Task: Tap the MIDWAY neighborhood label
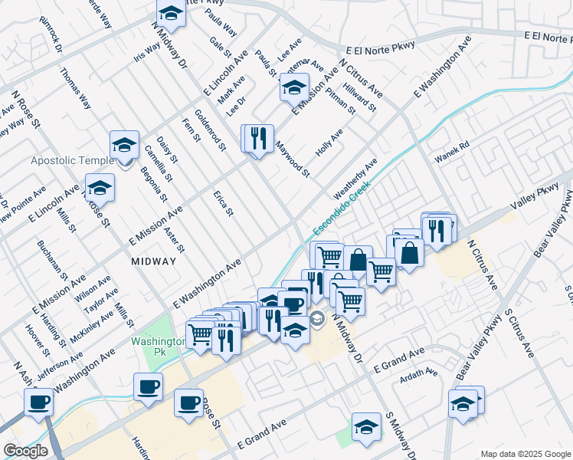tap(153, 261)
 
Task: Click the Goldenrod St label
tap(210, 128)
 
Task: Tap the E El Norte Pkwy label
tap(380, 48)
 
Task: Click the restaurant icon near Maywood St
tap(258, 138)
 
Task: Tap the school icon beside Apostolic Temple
tap(124, 144)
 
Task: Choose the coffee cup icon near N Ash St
tap(38, 402)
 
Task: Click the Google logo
tap(25, 452)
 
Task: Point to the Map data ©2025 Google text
tap(525, 454)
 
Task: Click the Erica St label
tap(223, 203)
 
